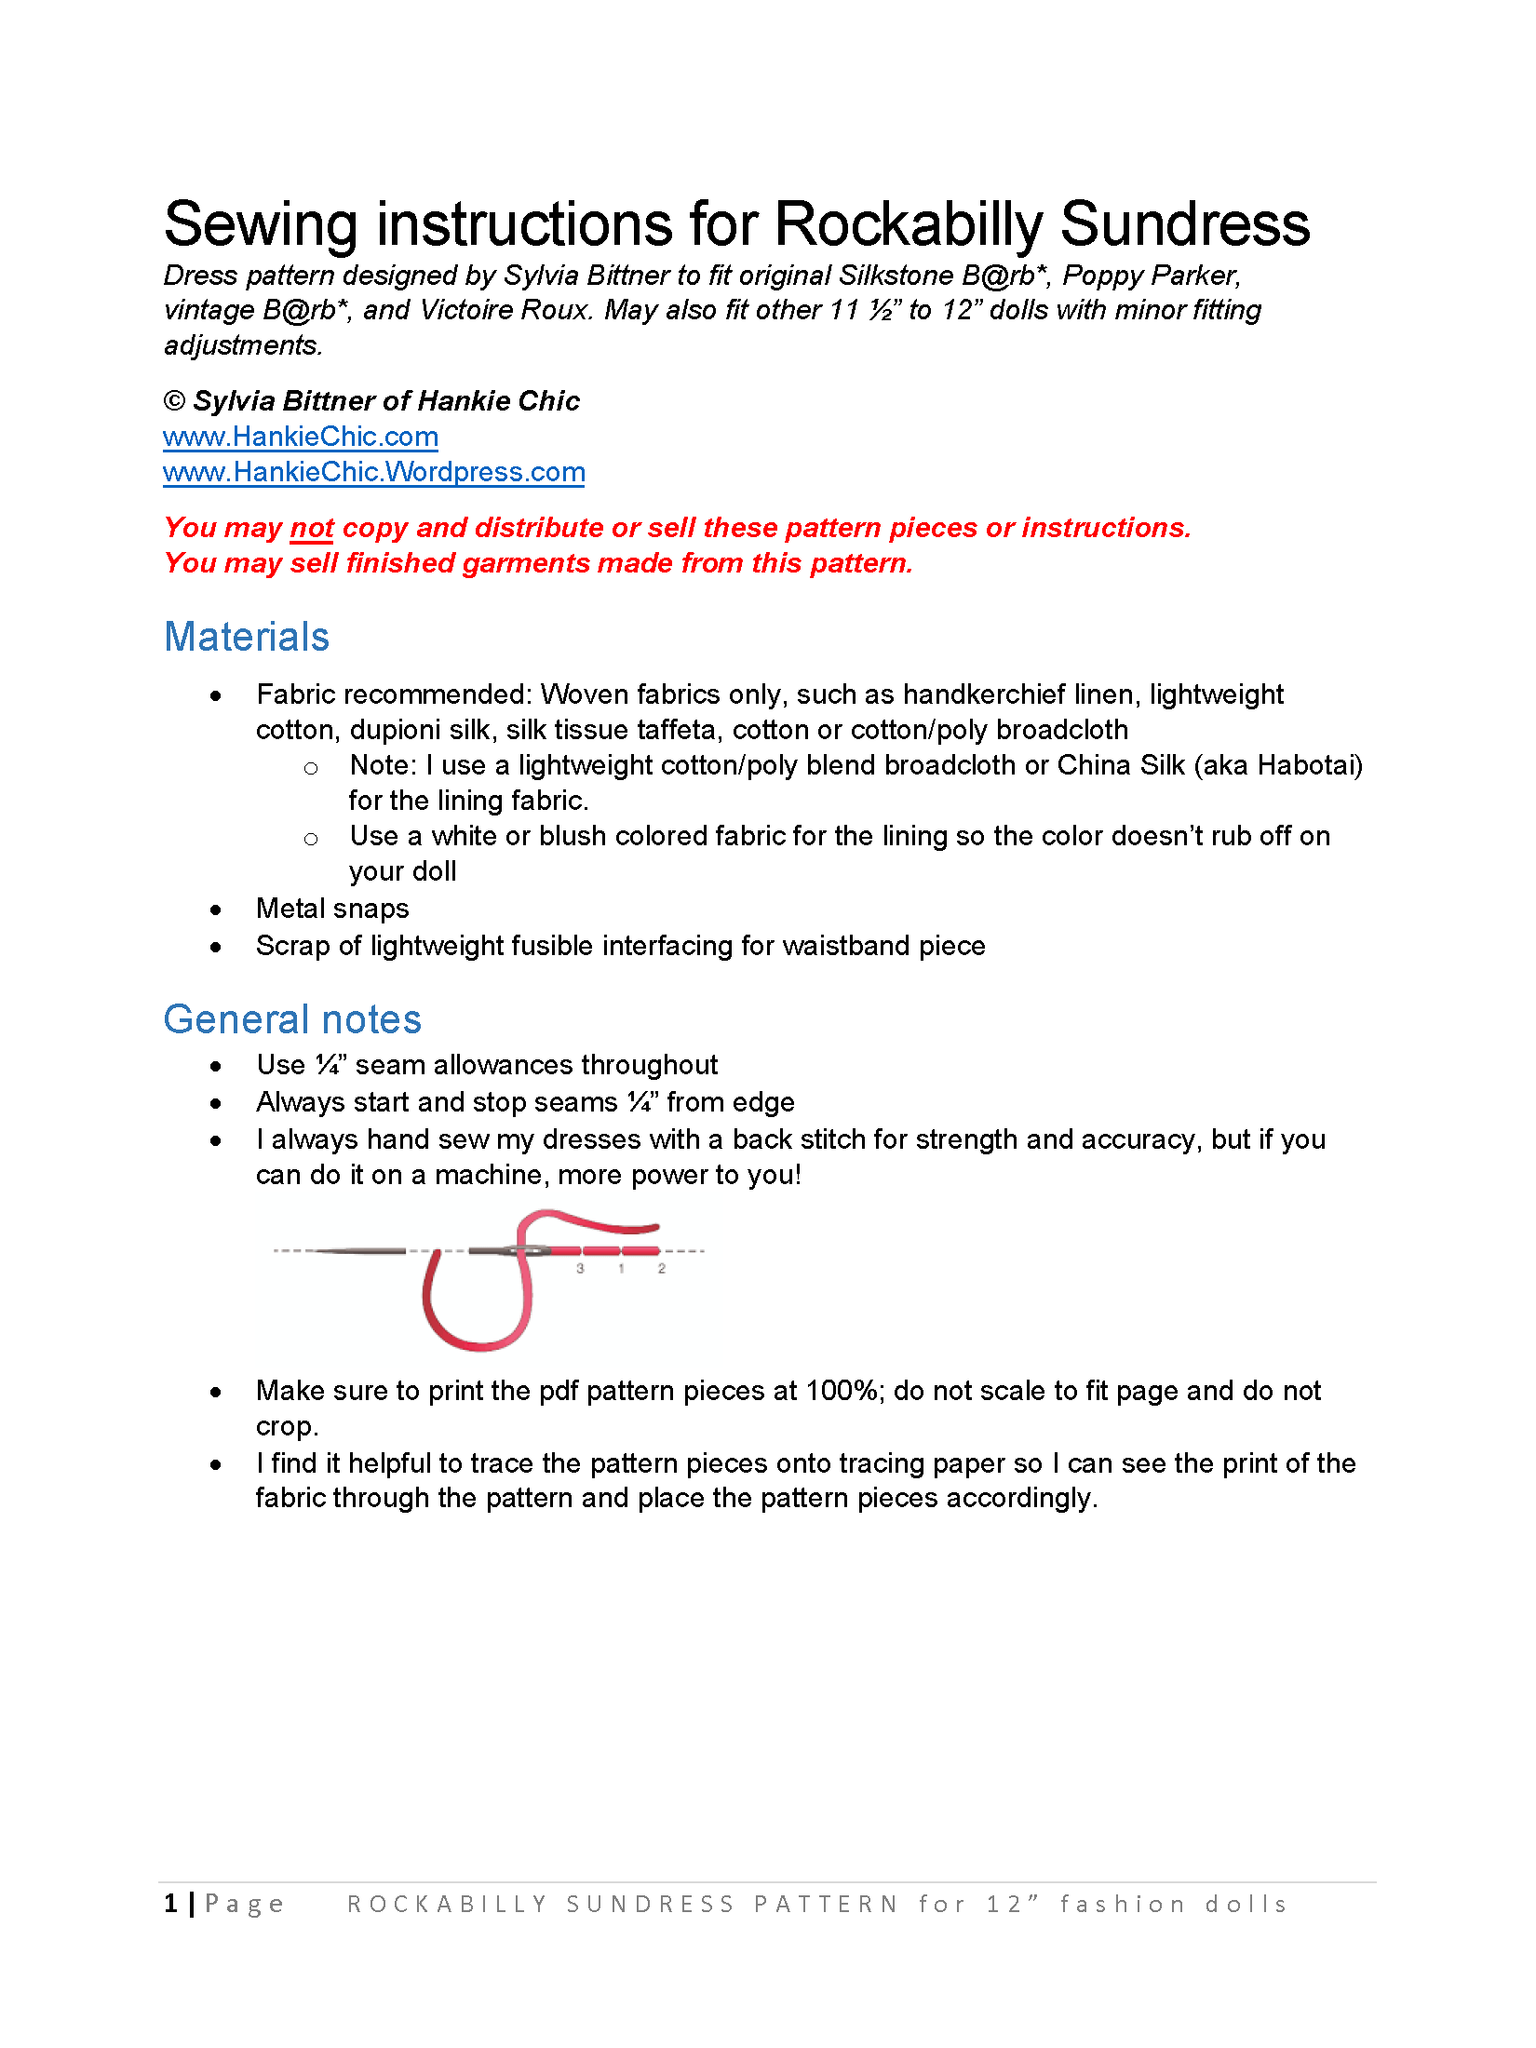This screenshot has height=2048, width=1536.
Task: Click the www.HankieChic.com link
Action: (x=300, y=437)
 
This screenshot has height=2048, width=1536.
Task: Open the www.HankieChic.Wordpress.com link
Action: (x=373, y=472)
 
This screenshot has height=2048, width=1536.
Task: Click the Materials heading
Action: (x=247, y=638)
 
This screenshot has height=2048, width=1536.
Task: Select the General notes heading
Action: (x=292, y=1019)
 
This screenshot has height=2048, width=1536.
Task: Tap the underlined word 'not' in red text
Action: (x=312, y=528)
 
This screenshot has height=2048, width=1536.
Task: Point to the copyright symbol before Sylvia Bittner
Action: (x=174, y=401)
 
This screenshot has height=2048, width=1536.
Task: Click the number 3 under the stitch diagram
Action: (x=580, y=1268)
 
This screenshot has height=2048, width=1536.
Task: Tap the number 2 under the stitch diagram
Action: (x=662, y=1268)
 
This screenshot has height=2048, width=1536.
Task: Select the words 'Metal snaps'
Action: (x=332, y=909)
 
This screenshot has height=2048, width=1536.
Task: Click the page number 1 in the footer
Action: (x=170, y=1904)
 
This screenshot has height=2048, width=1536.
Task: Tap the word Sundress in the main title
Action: (x=1184, y=224)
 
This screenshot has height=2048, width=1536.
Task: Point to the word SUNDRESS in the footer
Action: (x=650, y=1905)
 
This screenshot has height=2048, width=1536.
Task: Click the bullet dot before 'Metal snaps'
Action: (x=216, y=910)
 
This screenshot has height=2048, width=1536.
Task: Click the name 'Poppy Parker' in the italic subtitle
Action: (x=1150, y=276)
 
